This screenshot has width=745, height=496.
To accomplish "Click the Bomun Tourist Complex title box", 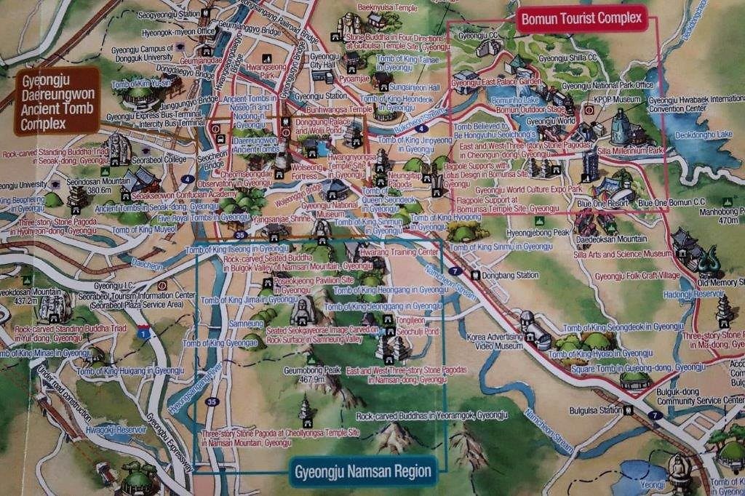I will (x=581, y=18).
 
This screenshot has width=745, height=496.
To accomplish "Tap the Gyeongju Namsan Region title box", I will (x=362, y=471).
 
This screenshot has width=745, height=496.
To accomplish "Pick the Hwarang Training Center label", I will (x=403, y=252).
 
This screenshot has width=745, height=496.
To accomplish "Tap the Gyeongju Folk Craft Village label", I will (x=637, y=276).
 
